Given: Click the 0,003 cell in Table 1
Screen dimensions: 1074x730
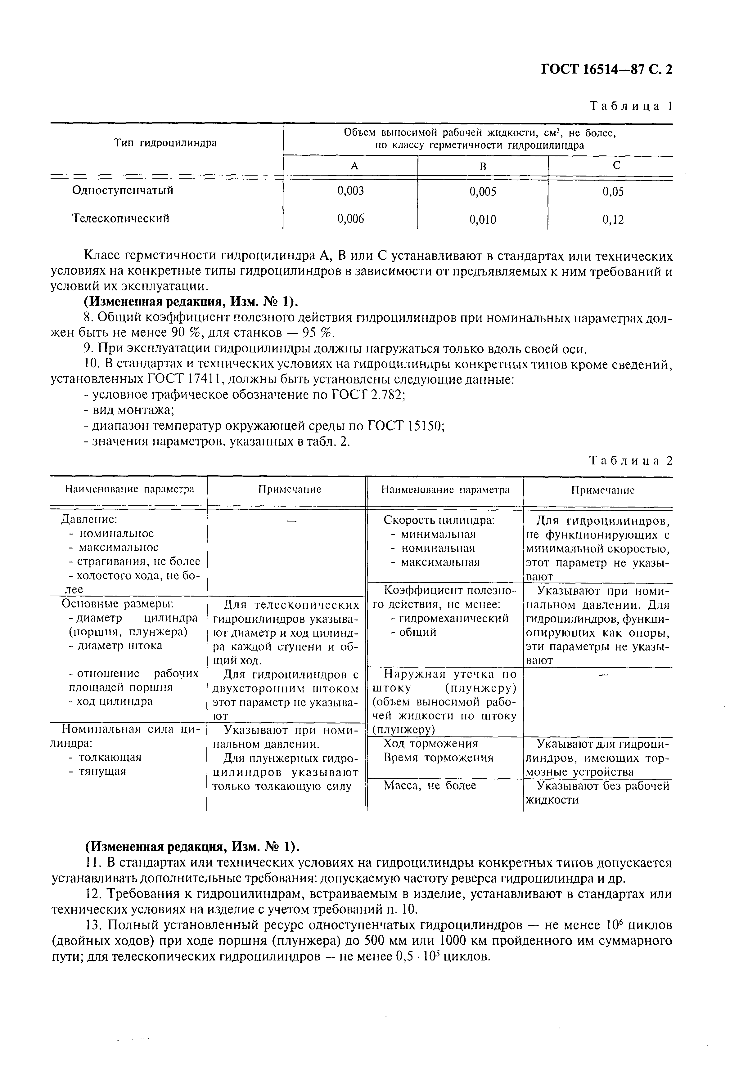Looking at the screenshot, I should coord(350,191).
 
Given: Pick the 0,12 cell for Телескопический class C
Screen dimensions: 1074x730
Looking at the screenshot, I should coord(613,220).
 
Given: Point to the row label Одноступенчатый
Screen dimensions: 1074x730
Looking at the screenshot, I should coord(123,190).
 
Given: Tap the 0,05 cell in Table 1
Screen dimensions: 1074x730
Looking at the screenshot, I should coord(613,192).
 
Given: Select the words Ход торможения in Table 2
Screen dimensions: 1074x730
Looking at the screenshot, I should coord(430,744).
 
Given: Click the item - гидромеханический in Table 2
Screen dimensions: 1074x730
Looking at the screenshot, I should coord(449,618).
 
